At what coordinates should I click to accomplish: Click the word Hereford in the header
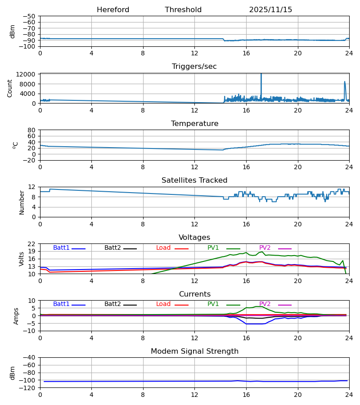(x=113, y=10)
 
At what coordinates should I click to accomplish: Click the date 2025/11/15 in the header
(x=270, y=10)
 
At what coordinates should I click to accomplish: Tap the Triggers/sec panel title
(x=194, y=67)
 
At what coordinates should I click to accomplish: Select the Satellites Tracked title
(x=194, y=180)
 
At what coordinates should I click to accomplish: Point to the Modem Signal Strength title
(x=194, y=351)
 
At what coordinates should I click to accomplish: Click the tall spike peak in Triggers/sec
(x=261, y=74)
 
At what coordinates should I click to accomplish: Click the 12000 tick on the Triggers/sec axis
(x=28, y=74)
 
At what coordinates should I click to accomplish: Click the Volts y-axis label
(x=22, y=259)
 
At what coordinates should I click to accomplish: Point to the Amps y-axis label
(x=16, y=316)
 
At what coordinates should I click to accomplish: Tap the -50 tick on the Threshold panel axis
(x=30, y=16)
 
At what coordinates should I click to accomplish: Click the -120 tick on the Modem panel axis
(x=28, y=387)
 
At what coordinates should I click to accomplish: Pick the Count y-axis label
(x=10, y=88)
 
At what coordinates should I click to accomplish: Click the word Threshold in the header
(x=183, y=10)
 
